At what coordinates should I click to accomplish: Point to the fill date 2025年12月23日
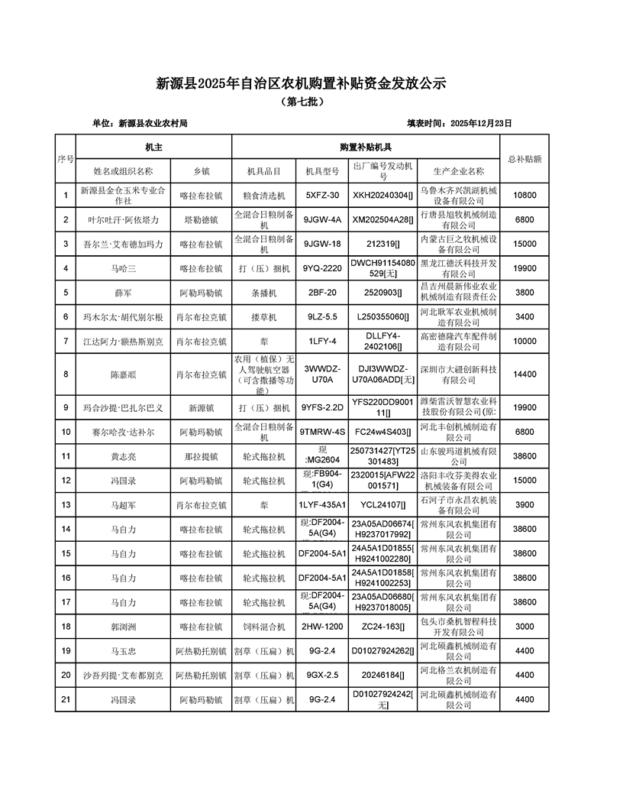coord(480,122)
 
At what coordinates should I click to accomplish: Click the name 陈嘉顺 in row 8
coord(123,374)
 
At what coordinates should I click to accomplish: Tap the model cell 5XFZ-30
coord(322,195)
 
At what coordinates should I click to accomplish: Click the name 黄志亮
coord(123,456)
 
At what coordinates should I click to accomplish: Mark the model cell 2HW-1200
coord(322,627)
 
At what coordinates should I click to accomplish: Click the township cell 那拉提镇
coord(201,456)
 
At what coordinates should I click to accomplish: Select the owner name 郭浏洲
coord(123,627)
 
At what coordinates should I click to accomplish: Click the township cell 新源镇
coord(201,407)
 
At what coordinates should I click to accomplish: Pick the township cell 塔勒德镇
coord(201,219)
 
